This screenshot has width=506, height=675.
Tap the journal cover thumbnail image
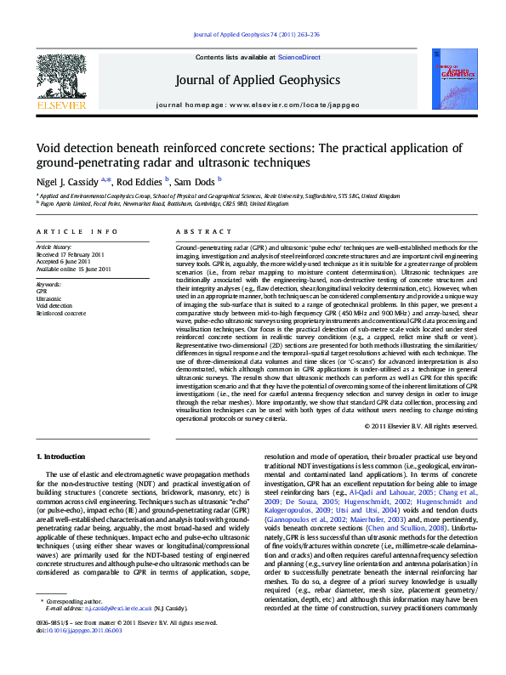coord(446,82)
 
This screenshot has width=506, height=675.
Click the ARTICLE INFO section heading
coord(77,231)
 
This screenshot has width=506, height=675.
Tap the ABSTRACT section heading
coord(197,231)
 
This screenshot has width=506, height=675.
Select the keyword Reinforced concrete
coord(61,313)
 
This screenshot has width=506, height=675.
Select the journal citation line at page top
coord(256,35)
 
